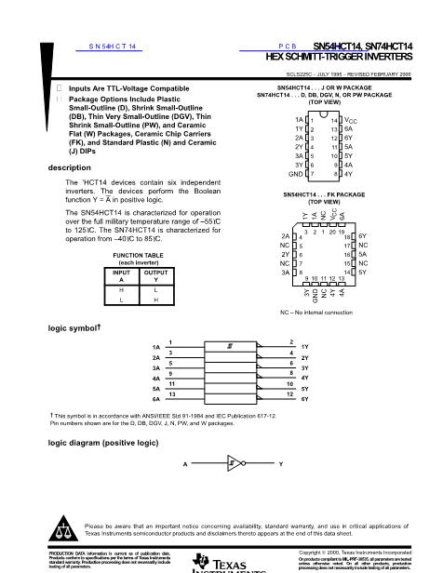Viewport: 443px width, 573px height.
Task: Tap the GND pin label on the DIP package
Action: pyautogui.click(x=296, y=174)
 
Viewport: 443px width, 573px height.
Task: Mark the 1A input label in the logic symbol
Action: pyautogui.click(x=155, y=347)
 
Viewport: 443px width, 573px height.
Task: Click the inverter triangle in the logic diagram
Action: pyautogui.click(x=235, y=462)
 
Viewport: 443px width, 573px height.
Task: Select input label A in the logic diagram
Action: pyautogui.click(x=185, y=462)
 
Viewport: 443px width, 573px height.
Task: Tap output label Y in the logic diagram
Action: pyautogui.click(x=280, y=462)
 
